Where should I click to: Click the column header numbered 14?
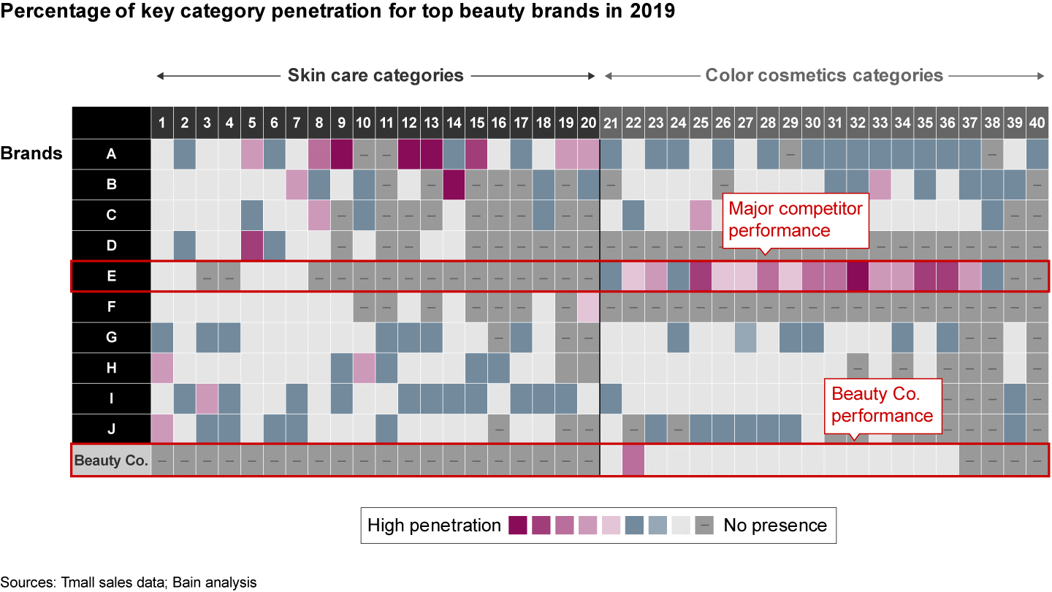click(x=454, y=124)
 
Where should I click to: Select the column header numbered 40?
click(x=1037, y=124)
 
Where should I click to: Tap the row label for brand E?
click(x=111, y=276)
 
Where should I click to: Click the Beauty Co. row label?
click(x=111, y=460)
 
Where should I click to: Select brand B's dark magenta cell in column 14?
click(x=454, y=184)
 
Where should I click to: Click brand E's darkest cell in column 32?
click(x=858, y=276)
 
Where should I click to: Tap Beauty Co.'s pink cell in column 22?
click(x=633, y=460)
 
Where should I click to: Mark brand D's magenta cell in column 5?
click(x=252, y=246)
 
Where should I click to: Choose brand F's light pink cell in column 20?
click(x=588, y=307)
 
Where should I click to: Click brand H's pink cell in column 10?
click(x=364, y=368)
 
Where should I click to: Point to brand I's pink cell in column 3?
click(x=207, y=399)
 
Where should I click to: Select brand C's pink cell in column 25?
click(x=701, y=215)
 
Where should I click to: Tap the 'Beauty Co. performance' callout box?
click(x=882, y=405)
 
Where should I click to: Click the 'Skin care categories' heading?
click(x=376, y=75)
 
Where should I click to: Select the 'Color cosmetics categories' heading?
click(x=824, y=75)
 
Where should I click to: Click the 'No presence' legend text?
click(x=774, y=525)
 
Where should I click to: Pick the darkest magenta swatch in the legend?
click(x=518, y=525)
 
